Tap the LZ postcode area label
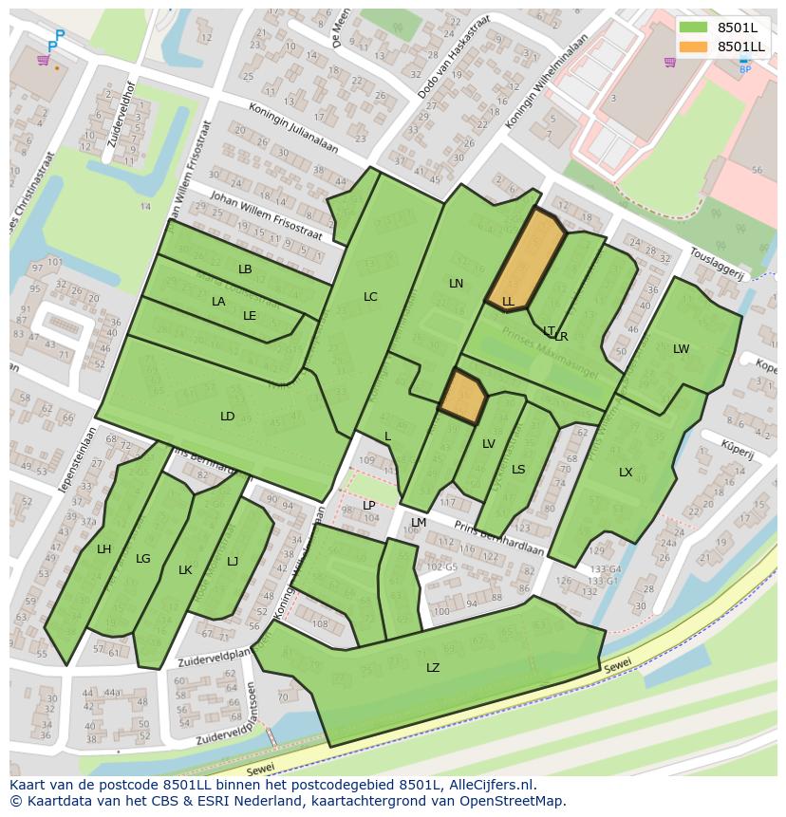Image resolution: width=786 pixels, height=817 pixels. coord(433,668)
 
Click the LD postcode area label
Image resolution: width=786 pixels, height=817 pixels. coord(228,417)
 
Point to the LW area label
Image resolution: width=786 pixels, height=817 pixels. coord(681,349)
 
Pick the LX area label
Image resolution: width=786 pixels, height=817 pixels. coord(626,473)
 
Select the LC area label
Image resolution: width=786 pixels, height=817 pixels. coord(370,297)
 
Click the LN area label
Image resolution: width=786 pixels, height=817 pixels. coord(456,284)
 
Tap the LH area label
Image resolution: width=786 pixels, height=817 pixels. coord(103,549)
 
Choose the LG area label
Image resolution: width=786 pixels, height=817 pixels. coord(143,559)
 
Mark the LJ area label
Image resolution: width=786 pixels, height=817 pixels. coord(233,562)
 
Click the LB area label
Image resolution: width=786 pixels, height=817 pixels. coord(245,269)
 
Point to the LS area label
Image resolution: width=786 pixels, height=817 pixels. coord(518,470)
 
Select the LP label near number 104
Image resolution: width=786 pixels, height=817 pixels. coord(369,506)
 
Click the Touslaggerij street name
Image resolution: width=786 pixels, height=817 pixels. coord(716,265)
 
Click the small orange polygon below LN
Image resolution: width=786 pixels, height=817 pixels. coord(462,395)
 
